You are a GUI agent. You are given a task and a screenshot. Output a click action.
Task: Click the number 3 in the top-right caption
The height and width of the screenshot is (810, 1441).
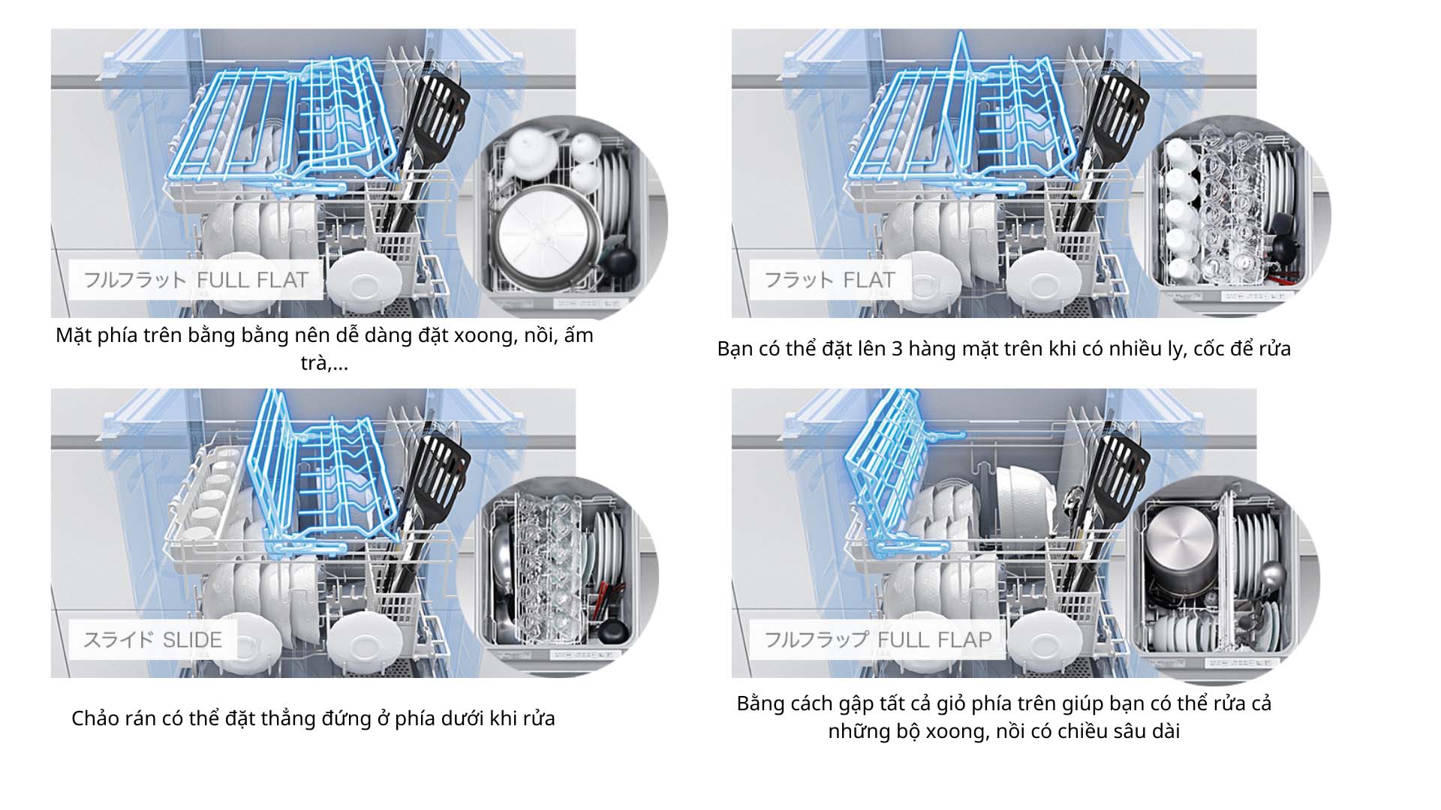898,349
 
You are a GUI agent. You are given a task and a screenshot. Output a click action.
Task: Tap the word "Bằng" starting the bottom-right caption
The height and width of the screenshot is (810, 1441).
761,703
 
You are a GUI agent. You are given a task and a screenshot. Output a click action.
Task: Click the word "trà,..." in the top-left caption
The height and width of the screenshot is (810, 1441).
324,363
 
